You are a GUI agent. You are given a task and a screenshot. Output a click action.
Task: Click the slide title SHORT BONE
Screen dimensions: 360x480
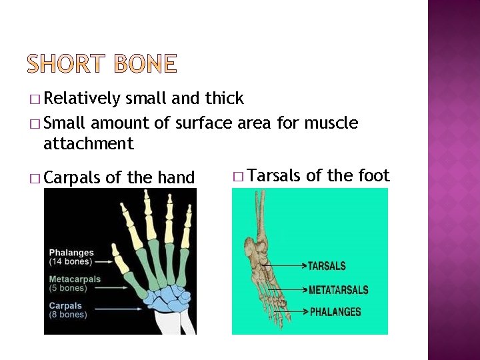tap(103, 64)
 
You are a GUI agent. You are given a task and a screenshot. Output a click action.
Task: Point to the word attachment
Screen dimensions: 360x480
tap(88, 143)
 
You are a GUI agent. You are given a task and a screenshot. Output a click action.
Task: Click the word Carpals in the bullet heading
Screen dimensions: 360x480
tap(72, 178)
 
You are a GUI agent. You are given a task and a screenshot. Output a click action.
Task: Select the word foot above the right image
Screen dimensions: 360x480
tap(375, 176)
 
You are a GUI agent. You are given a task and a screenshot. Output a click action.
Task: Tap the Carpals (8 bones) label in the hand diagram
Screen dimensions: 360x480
tap(68, 310)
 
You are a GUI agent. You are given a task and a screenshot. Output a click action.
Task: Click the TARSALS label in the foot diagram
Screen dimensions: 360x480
tap(327, 266)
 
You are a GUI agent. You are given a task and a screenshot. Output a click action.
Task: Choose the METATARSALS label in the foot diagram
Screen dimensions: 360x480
tap(338, 290)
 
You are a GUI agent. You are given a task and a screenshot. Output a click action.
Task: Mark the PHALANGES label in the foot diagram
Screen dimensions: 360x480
tap(335, 311)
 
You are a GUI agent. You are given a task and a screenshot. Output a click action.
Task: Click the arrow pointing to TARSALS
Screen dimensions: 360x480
tap(283, 266)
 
